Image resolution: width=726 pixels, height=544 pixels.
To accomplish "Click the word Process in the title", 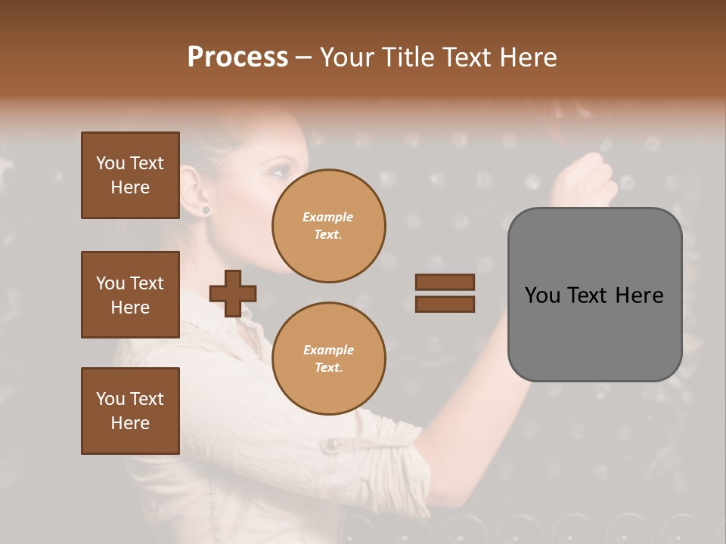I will pos(237,57).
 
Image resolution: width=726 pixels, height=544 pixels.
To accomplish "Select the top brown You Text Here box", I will pos(130,175).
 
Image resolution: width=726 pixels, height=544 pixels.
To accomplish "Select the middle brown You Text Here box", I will pos(130,295).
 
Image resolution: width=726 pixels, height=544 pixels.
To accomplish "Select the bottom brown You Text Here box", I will pos(130,411).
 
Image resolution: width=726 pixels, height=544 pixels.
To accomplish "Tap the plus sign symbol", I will pos(233,293).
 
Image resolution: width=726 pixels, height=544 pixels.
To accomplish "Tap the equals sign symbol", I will pos(445,293).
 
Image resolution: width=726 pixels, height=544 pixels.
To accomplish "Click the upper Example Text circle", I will pos(328,225).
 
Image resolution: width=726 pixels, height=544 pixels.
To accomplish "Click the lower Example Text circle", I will pos(328,358).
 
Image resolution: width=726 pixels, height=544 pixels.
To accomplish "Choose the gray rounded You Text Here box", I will pos(594,295).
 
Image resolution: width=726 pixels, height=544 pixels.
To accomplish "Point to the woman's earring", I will pos(205,209).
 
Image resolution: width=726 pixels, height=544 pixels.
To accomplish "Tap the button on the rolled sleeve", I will pos(330,446).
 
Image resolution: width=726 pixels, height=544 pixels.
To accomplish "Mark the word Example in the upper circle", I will pos(327,217).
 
